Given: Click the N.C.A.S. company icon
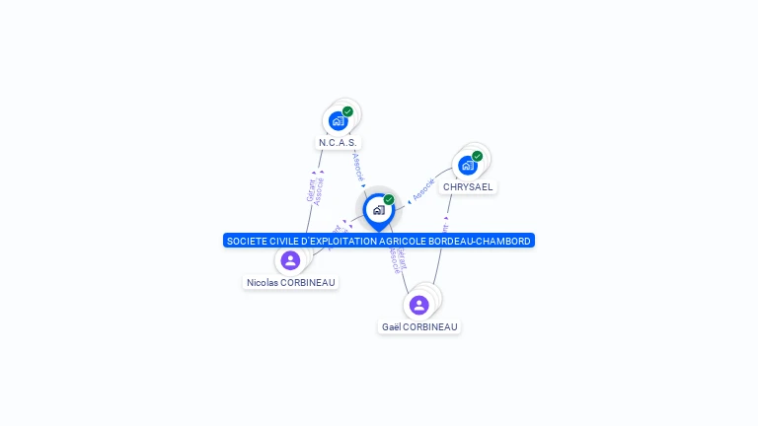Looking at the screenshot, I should point(339,121).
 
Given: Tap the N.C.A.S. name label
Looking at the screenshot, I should point(338,143).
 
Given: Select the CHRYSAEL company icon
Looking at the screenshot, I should point(468,166).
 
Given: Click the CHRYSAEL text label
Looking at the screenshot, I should point(468,187).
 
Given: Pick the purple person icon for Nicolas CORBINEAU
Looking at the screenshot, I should point(290,260).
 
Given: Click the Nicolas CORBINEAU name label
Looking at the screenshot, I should point(291,283).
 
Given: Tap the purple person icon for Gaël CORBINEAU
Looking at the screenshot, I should point(419,305).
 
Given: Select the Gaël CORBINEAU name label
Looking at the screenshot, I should point(419,327).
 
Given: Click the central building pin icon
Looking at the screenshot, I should point(378,210).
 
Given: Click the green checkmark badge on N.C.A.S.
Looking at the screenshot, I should point(347,111).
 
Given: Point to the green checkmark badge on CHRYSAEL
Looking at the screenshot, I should point(477,156).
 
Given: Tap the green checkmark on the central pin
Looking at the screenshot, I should point(389,199).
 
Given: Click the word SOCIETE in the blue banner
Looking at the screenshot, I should point(246,241).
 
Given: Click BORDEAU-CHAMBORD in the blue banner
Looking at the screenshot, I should point(487,241).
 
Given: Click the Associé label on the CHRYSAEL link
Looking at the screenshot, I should point(423,189).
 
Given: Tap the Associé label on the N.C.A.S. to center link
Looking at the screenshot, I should point(357,166).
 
